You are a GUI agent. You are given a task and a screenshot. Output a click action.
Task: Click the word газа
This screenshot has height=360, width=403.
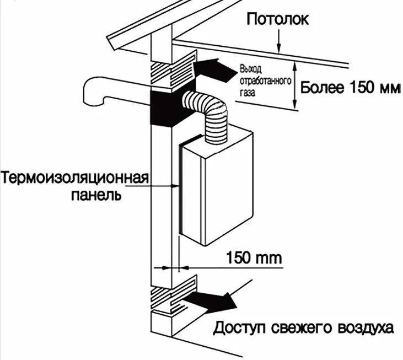pos(248,93)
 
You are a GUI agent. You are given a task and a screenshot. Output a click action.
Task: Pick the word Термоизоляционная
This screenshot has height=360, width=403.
pos(75,179)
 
